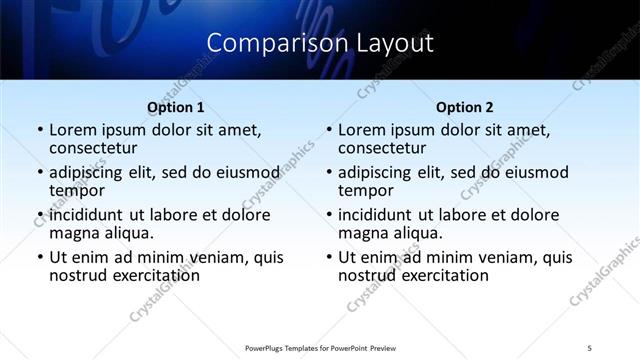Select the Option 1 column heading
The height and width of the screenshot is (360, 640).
pyautogui.click(x=175, y=107)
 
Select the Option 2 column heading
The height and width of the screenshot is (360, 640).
pyautogui.click(x=464, y=107)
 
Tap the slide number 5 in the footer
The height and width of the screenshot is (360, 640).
pyautogui.click(x=589, y=348)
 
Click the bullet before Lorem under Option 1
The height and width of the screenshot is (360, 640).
pyautogui.click(x=39, y=130)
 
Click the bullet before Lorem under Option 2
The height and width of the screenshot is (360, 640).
pyautogui.click(x=328, y=130)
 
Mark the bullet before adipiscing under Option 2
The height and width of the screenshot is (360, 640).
pyautogui.click(x=328, y=173)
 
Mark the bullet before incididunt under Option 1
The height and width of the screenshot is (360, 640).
pyautogui.click(x=39, y=215)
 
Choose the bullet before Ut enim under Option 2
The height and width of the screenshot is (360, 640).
pyautogui.click(x=328, y=257)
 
